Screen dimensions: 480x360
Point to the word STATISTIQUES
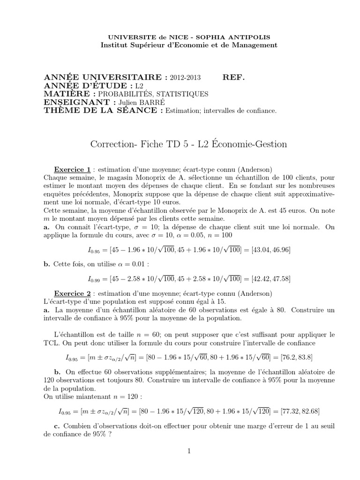pos(180,94)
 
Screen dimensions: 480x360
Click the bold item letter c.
pos(58,426)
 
